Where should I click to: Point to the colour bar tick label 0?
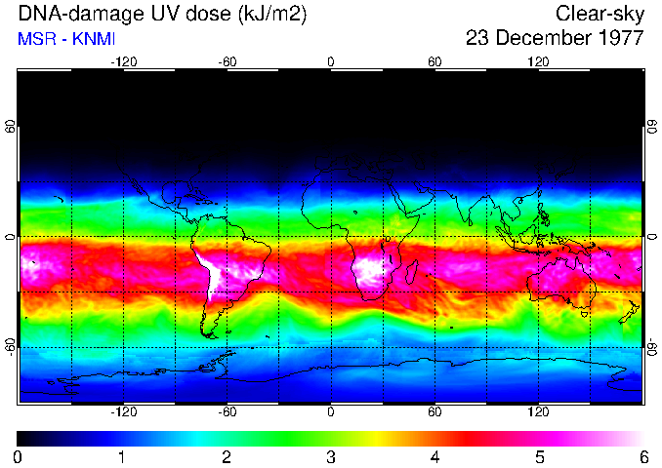pyautogui.click(x=18, y=456)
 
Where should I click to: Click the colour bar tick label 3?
pyautogui.click(x=330, y=456)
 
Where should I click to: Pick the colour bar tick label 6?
pyautogui.click(x=642, y=456)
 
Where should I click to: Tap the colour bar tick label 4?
pyautogui.click(x=434, y=456)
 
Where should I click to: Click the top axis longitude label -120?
pyautogui.click(x=123, y=61)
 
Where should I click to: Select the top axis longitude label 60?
pyautogui.click(x=434, y=61)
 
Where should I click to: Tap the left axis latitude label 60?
pyautogui.click(x=11, y=128)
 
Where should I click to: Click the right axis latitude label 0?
pyautogui.click(x=651, y=237)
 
